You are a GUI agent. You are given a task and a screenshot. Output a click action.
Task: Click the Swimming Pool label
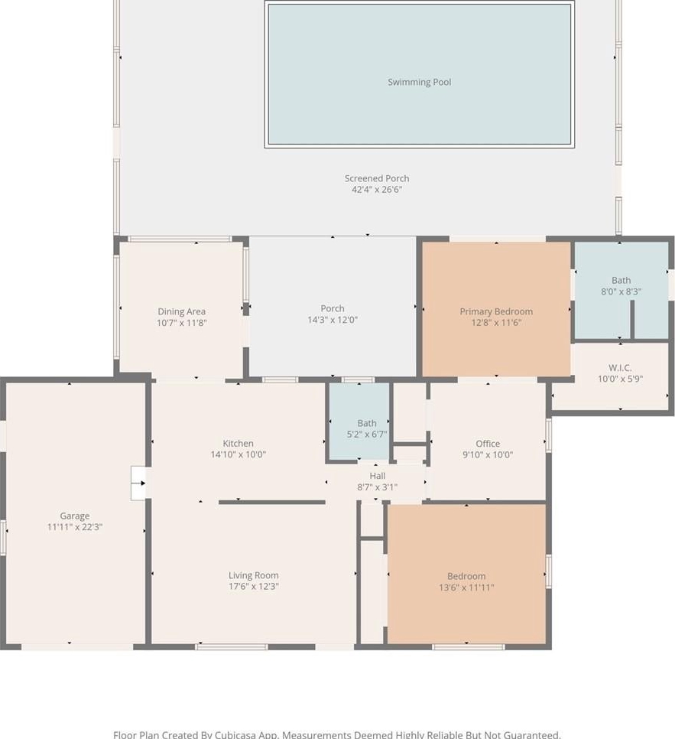[419, 82]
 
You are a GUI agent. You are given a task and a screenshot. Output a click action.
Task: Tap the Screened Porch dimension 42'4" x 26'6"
[377, 190]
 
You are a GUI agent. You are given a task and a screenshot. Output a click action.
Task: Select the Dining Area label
[181, 311]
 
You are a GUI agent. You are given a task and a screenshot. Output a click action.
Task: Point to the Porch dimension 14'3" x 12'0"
[333, 320]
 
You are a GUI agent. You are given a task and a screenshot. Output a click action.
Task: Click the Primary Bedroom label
[496, 311]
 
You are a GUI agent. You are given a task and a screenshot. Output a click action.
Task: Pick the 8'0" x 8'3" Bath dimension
[621, 291]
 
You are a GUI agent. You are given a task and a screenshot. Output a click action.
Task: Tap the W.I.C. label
[620, 368]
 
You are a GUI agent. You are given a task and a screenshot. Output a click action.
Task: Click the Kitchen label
[238, 444]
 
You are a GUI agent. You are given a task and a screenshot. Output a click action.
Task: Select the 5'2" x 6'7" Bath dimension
[367, 434]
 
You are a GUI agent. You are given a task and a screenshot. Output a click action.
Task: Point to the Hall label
[378, 476]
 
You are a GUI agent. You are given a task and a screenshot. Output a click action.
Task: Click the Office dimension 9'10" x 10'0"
[488, 455]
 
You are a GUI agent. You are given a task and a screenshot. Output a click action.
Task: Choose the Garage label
[74, 516]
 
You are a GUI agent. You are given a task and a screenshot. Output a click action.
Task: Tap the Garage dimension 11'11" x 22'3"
[74, 527]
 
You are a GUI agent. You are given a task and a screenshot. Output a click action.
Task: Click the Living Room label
[254, 575]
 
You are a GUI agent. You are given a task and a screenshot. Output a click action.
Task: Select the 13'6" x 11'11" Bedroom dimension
[466, 588]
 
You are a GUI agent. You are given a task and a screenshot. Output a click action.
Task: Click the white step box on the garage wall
[138, 483]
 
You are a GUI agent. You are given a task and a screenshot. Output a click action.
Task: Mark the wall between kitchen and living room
[272, 503]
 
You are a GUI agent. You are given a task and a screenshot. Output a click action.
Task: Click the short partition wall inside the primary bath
[632, 319]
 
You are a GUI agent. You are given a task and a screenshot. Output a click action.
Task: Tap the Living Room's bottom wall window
[232, 647]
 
